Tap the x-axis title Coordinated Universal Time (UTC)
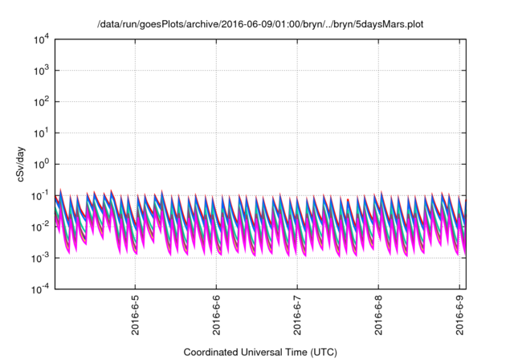pos(260,352)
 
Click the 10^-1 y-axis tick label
pos(40,195)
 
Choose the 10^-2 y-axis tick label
pos(40,227)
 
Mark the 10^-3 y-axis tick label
pos(40,258)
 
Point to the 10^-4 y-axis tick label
pos(40,288)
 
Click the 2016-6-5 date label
pos(136,317)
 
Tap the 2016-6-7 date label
pos(298,317)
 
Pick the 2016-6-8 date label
pos(379,317)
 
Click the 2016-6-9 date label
pos(460,317)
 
